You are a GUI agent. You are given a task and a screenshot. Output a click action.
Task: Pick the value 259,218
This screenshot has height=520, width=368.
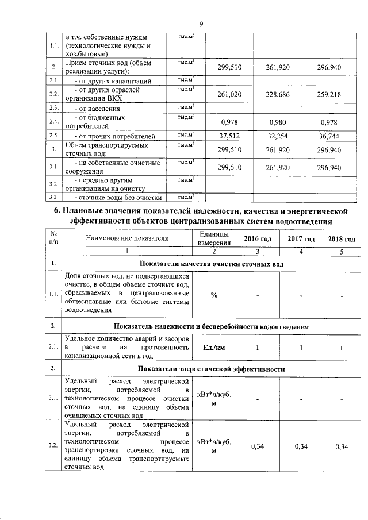pyautogui.click(x=329, y=94)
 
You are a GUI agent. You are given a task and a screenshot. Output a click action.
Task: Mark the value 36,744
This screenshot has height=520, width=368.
pyautogui.click(x=329, y=136)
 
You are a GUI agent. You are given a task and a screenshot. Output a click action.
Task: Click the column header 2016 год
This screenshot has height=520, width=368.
pyautogui.click(x=258, y=239)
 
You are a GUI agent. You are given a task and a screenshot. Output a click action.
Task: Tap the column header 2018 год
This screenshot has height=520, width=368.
pyautogui.click(x=342, y=239)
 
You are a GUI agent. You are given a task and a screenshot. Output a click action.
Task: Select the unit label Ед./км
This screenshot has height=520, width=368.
pyautogui.click(x=214, y=348)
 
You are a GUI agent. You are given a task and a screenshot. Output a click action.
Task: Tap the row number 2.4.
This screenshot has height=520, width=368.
pyautogui.click(x=54, y=122)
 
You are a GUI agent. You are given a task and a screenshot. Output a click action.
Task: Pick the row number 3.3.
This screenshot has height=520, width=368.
pyautogui.click(x=54, y=198)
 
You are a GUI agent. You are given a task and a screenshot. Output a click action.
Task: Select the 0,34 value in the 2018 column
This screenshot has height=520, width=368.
pyautogui.click(x=342, y=446)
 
